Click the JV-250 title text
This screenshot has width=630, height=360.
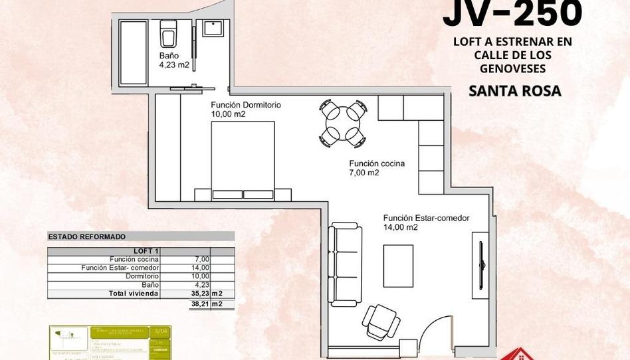512,13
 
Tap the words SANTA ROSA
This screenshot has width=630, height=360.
514,92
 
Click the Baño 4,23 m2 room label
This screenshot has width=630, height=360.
174,61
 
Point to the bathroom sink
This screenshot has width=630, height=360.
213,29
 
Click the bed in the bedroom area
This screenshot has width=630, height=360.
243,159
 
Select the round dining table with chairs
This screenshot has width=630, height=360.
342,122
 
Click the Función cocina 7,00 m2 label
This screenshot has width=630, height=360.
377,167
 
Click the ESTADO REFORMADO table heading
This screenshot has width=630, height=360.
87,236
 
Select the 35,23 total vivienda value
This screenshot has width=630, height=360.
201,293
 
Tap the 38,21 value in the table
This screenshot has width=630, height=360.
201,304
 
